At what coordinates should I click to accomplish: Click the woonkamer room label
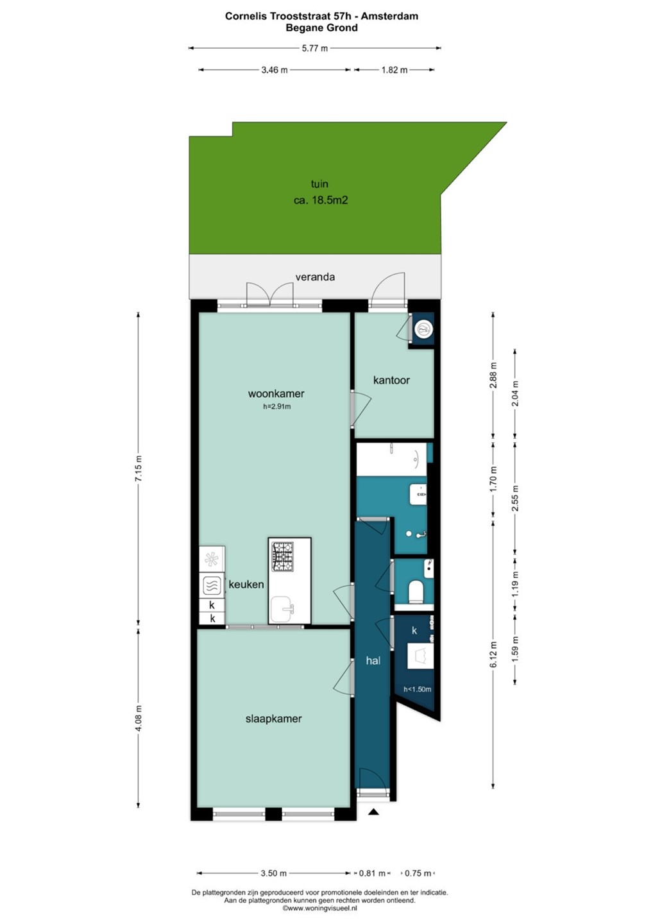pos(276,393)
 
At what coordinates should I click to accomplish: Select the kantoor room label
pos(391,380)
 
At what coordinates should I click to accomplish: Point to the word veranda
pos(315,277)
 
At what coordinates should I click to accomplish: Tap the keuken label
pos(246,585)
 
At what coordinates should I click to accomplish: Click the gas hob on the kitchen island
pos(282,556)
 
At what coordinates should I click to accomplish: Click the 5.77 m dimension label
pos(315,48)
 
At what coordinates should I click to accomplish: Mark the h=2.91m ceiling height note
pos(277,407)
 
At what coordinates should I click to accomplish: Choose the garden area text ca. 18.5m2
pos(321,201)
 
